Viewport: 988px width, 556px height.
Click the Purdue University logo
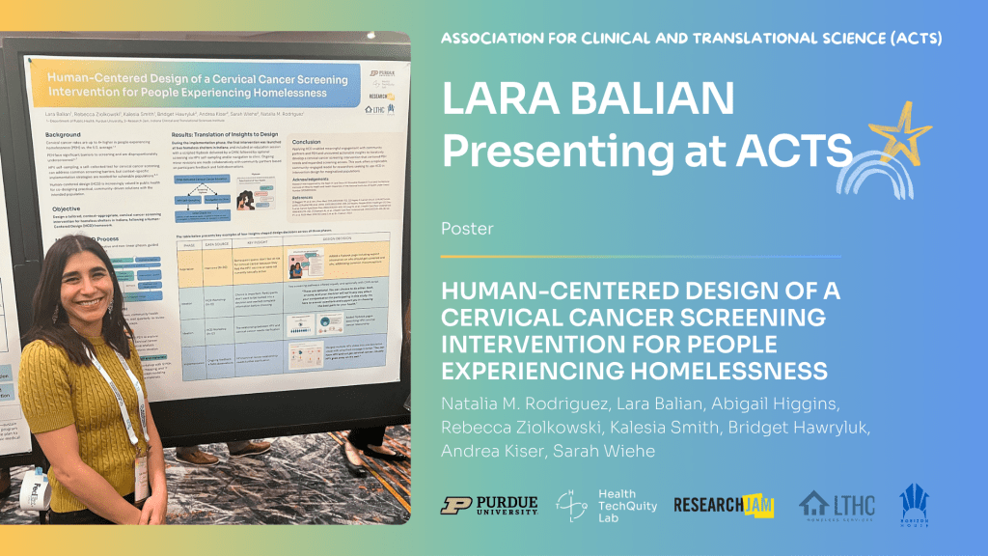click(489, 505)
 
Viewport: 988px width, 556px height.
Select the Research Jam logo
click(724, 505)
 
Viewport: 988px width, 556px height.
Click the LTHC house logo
click(837, 505)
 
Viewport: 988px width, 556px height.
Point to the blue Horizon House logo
click(914, 503)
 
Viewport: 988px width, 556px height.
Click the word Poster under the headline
click(463, 229)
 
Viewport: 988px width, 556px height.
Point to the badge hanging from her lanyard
click(141, 479)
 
